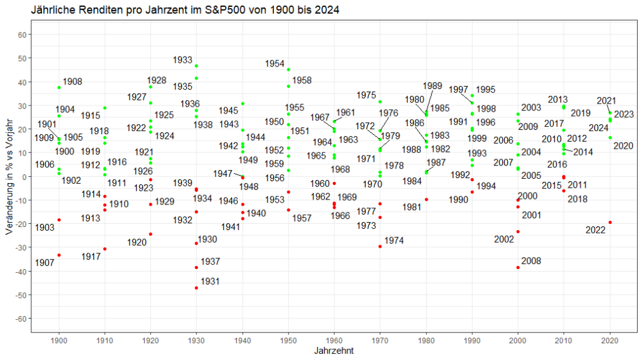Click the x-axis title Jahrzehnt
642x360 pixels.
(334, 351)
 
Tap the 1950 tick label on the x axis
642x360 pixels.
(288, 339)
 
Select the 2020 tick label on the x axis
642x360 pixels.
(610, 339)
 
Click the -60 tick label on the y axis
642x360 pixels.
(21, 319)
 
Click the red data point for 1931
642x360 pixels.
(196, 288)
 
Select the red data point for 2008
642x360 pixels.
(518, 267)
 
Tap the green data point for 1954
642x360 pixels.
(288, 70)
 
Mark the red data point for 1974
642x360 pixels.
(380, 246)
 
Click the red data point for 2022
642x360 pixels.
(610, 223)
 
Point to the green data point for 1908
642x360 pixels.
(59, 87)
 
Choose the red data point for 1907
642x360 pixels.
(59, 255)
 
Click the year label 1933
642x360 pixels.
(182, 60)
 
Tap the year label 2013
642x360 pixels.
(558, 100)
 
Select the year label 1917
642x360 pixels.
(91, 257)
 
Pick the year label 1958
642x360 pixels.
(302, 81)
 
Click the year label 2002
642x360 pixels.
(504, 239)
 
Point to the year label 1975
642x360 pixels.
(366, 95)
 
